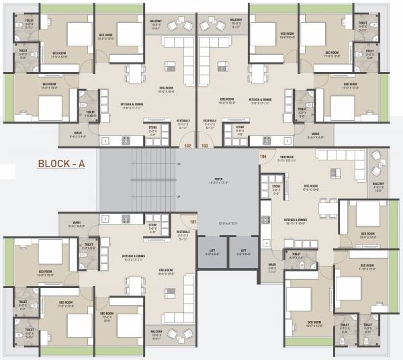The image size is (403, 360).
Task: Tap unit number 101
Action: (193, 222)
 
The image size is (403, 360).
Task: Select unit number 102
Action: (187, 144)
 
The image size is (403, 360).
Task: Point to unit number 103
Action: (206, 144)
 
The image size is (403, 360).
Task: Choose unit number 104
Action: (263, 156)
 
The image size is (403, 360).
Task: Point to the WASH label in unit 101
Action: (77, 222)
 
